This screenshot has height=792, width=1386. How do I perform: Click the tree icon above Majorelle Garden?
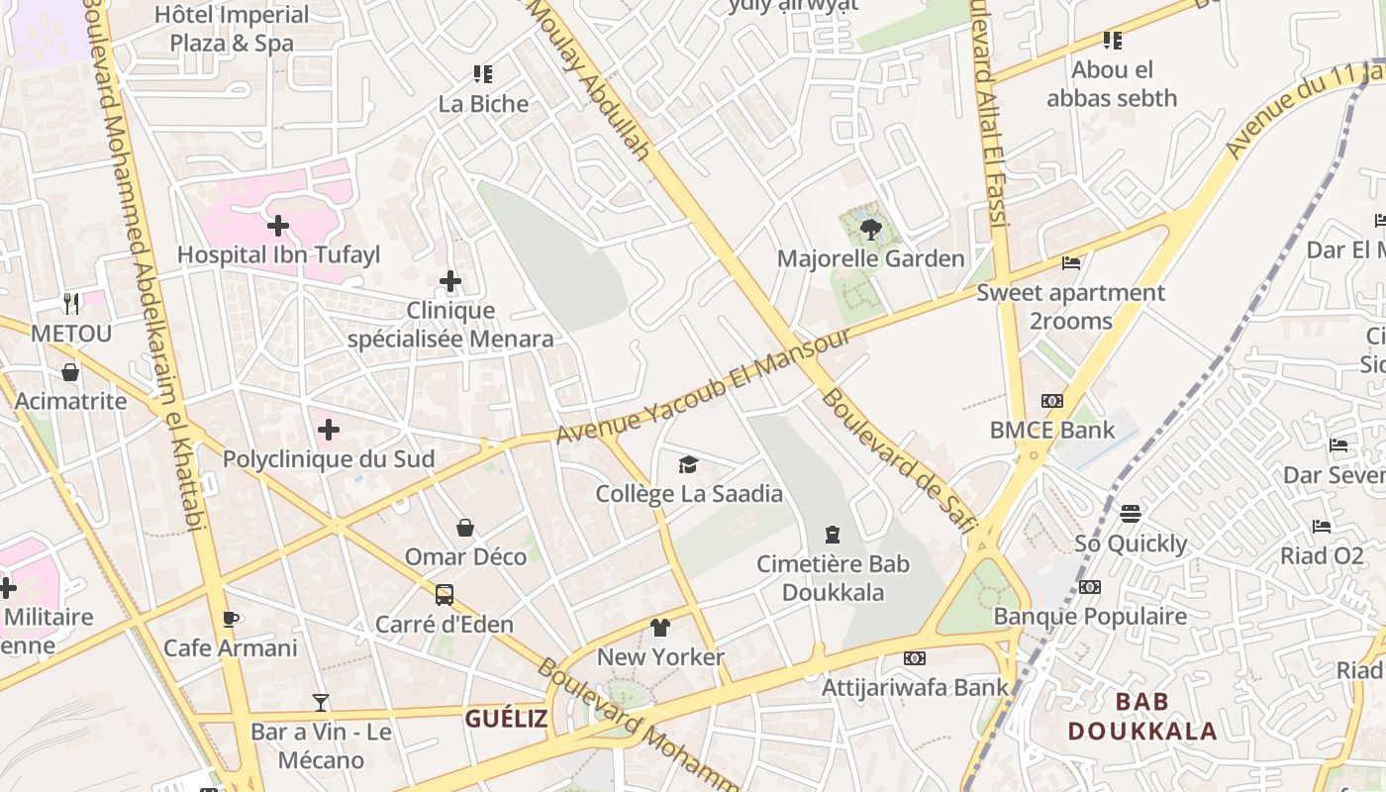(x=871, y=230)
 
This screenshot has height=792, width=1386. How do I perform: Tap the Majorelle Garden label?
(x=870, y=259)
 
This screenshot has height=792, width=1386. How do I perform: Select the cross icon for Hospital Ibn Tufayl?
(x=278, y=226)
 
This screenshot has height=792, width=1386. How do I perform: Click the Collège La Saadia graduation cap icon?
(x=688, y=464)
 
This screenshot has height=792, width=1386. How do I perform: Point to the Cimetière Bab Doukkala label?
(x=833, y=578)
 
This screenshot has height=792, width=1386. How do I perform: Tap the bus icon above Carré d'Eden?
(x=445, y=595)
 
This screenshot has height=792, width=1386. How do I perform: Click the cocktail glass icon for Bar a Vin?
(x=321, y=703)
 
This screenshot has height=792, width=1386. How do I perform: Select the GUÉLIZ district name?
(x=506, y=719)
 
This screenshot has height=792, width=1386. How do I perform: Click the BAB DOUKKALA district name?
(x=1141, y=717)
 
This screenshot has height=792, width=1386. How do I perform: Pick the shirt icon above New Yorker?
(x=660, y=628)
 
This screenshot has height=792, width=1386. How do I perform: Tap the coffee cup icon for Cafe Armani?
(x=231, y=620)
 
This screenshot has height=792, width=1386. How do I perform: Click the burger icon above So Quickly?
(x=1131, y=514)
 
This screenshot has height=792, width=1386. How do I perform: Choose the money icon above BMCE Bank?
(x=1051, y=401)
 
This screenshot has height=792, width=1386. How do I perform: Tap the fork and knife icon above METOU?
(x=70, y=303)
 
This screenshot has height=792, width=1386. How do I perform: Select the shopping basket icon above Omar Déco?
(x=465, y=528)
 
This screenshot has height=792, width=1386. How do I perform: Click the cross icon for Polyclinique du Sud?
(x=329, y=430)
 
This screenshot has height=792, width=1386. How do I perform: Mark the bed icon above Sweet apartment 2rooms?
(x=1071, y=263)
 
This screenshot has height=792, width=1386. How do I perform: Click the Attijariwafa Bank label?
(x=915, y=687)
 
